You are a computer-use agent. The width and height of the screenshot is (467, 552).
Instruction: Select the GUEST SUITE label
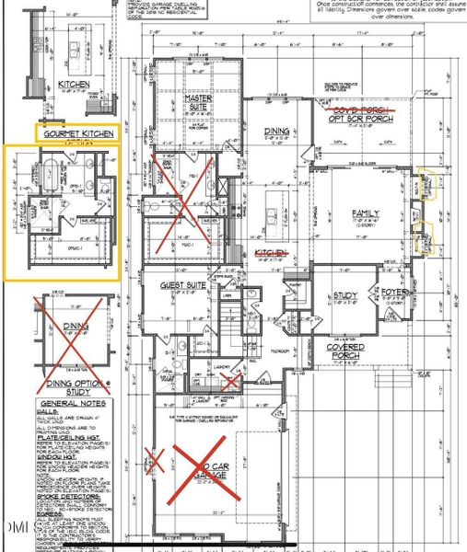click(181, 285)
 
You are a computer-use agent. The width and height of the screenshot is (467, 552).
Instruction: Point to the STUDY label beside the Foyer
click(345, 296)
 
